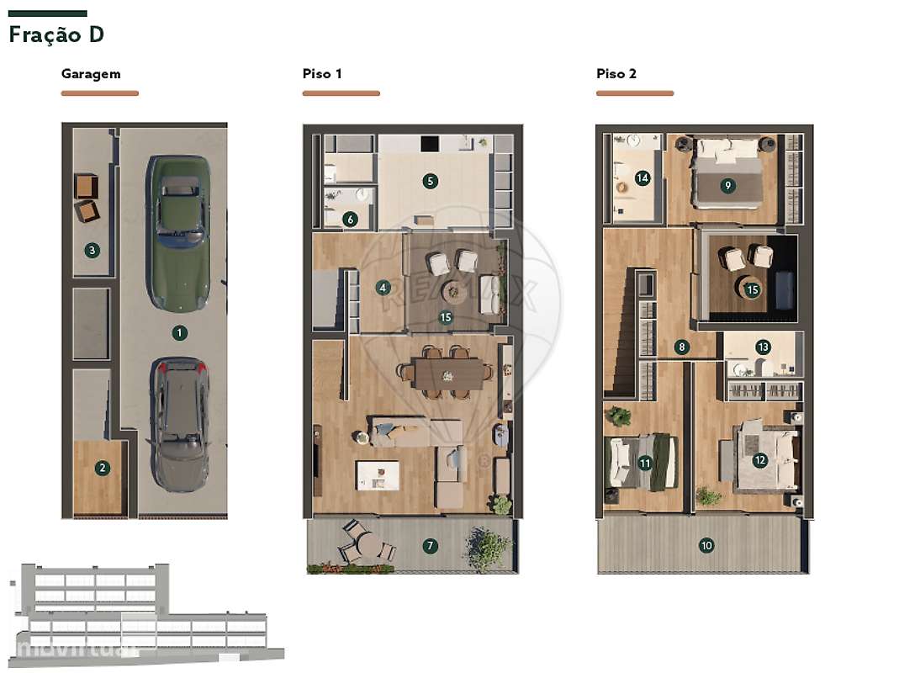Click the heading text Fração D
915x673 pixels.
click(x=56, y=34)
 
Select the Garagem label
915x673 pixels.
click(x=91, y=74)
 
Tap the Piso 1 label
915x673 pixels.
click(x=322, y=73)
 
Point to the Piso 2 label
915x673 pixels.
click(x=616, y=73)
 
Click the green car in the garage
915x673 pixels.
click(x=178, y=234)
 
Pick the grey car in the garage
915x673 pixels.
click(x=178, y=424)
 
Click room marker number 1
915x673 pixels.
click(x=179, y=332)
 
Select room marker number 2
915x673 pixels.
click(x=103, y=468)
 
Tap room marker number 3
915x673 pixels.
click(x=92, y=251)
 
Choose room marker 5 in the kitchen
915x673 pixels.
click(x=430, y=181)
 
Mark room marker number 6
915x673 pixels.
click(x=350, y=220)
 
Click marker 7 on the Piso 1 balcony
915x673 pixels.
click(x=430, y=546)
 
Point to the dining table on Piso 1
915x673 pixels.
click(x=447, y=374)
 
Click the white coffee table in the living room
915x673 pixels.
click(x=378, y=475)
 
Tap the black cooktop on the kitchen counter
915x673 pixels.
click(x=430, y=144)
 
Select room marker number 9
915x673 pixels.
click(x=727, y=186)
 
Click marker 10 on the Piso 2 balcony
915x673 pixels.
click(x=706, y=546)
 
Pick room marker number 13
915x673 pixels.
click(x=763, y=347)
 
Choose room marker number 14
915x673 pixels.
click(x=643, y=178)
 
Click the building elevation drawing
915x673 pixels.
click(x=145, y=615)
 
